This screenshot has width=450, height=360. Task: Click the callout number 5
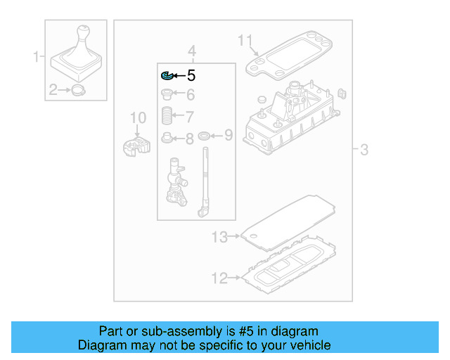191,76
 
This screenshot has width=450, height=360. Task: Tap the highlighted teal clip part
167,75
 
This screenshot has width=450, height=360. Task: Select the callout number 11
244,40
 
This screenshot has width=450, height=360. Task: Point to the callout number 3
364,149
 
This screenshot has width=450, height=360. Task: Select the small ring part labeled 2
78,90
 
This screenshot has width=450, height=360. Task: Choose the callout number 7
190,116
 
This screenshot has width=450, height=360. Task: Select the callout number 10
138,117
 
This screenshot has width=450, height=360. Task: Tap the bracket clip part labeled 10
136,146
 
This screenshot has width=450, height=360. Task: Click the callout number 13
219,238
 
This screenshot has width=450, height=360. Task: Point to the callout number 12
219,279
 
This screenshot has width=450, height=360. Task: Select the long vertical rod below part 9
205,179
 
